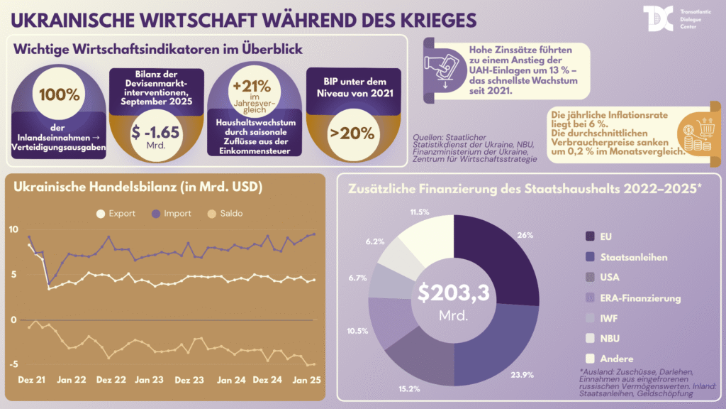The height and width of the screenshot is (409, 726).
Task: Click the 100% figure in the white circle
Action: pyautogui.click(x=55, y=95)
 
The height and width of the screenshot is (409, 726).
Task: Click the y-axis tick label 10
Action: pyautogui.click(x=13, y=229)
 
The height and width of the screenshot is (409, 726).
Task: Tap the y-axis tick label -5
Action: pyautogui.click(x=13, y=364)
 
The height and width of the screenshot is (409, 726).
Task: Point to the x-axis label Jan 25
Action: pyautogui.click(x=306, y=380)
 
